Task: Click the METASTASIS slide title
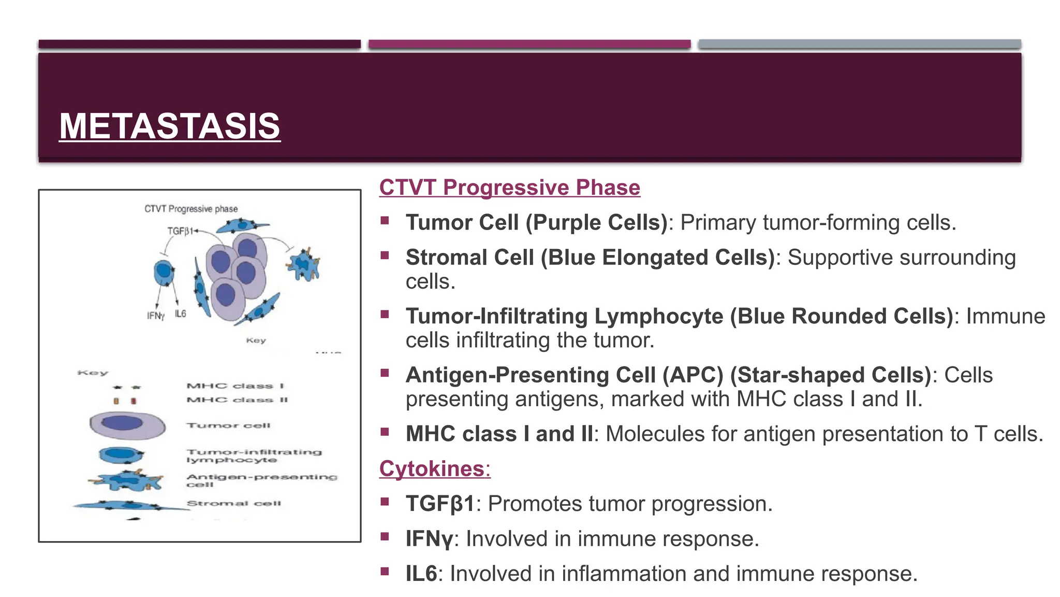(x=169, y=126)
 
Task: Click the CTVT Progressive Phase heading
(x=509, y=187)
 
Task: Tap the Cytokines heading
(x=434, y=468)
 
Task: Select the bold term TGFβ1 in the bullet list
(x=440, y=504)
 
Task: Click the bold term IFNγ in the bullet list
(x=429, y=539)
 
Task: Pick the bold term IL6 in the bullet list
(x=421, y=574)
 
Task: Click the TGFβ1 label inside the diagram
(x=180, y=231)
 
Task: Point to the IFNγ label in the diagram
(x=155, y=316)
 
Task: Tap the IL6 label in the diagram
(x=180, y=314)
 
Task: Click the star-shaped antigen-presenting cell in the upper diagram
(x=304, y=265)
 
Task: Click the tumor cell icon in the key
(x=127, y=425)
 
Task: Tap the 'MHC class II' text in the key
(x=237, y=400)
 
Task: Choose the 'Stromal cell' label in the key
(x=233, y=503)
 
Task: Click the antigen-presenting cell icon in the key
(x=126, y=480)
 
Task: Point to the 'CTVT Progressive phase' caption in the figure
(x=191, y=209)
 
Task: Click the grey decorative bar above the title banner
(x=859, y=44)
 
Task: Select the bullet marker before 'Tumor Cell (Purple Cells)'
(x=385, y=221)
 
